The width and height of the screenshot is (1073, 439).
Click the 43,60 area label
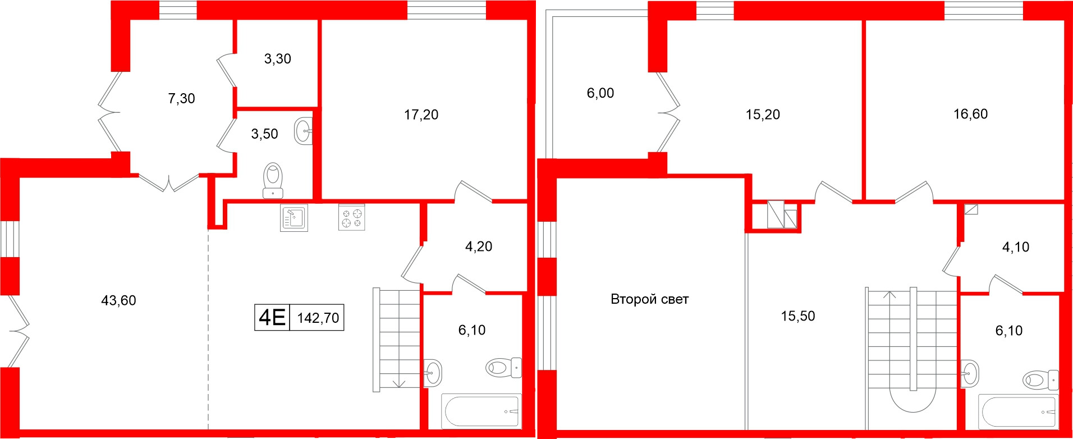click(x=118, y=301)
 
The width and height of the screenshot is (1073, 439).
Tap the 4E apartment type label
click(x=272, y=318)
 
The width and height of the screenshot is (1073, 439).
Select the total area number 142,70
click(x=318, y=318)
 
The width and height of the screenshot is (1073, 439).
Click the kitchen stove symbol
click(x=352, y=218)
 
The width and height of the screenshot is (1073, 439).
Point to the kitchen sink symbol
click(x=294, y=218)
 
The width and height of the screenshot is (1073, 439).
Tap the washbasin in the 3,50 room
click(x=304, y=131)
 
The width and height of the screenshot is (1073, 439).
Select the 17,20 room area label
click(x=421, y=115)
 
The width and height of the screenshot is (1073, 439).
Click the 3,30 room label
click(x=277, y=59)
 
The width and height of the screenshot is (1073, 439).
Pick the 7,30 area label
click(x=181, y=99)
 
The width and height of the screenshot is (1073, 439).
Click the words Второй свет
click(x=649, y=300)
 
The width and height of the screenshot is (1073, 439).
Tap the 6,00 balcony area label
click(x=600, y=93)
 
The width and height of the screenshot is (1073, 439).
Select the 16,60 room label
click(x=970, y=115)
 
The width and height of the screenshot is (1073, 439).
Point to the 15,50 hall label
click(x=797, y=316)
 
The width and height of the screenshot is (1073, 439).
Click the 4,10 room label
click(x=1015, y=247)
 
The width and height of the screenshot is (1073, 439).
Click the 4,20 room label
click(x=478, y=246)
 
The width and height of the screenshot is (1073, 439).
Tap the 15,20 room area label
click(x=762, y=115)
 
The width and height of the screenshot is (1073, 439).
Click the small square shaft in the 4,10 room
click(x=971, y=209)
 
